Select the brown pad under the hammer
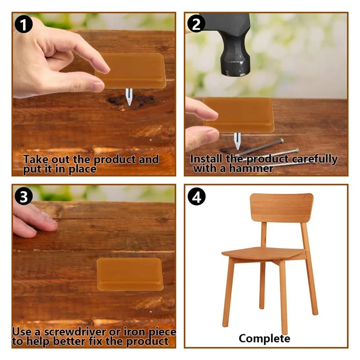(238, 115)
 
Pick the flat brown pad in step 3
(129, 274)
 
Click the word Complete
(265, 338)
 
